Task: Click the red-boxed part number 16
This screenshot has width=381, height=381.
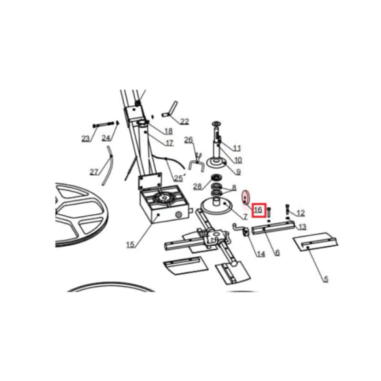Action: point(259,210)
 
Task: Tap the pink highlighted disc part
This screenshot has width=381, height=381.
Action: point(245,197)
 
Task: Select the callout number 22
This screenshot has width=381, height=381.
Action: point(184,121)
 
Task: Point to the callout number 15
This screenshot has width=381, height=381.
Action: point(130,244)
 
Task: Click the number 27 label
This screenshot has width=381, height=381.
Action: point(94,172)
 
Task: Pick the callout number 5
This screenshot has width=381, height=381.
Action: point(326,279)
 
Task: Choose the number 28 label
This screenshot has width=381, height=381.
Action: point(197,186)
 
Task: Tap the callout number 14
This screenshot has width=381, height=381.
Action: point(261,254)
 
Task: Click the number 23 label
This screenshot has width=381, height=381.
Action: point(86,139)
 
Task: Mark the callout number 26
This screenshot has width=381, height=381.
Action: point(189,140)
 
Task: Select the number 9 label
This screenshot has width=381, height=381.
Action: point(239,172)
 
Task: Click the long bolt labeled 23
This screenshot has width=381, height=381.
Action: point(104,125)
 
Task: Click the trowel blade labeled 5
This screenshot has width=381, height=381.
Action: point(316,242)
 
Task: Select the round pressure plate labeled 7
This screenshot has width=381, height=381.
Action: point(216,207)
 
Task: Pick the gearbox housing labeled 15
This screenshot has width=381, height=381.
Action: point(164,204)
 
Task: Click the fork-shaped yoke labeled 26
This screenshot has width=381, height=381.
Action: point(197,161)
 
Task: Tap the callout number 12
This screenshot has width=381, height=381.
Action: point(301,213)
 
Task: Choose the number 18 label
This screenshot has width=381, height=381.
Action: point(169,131)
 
